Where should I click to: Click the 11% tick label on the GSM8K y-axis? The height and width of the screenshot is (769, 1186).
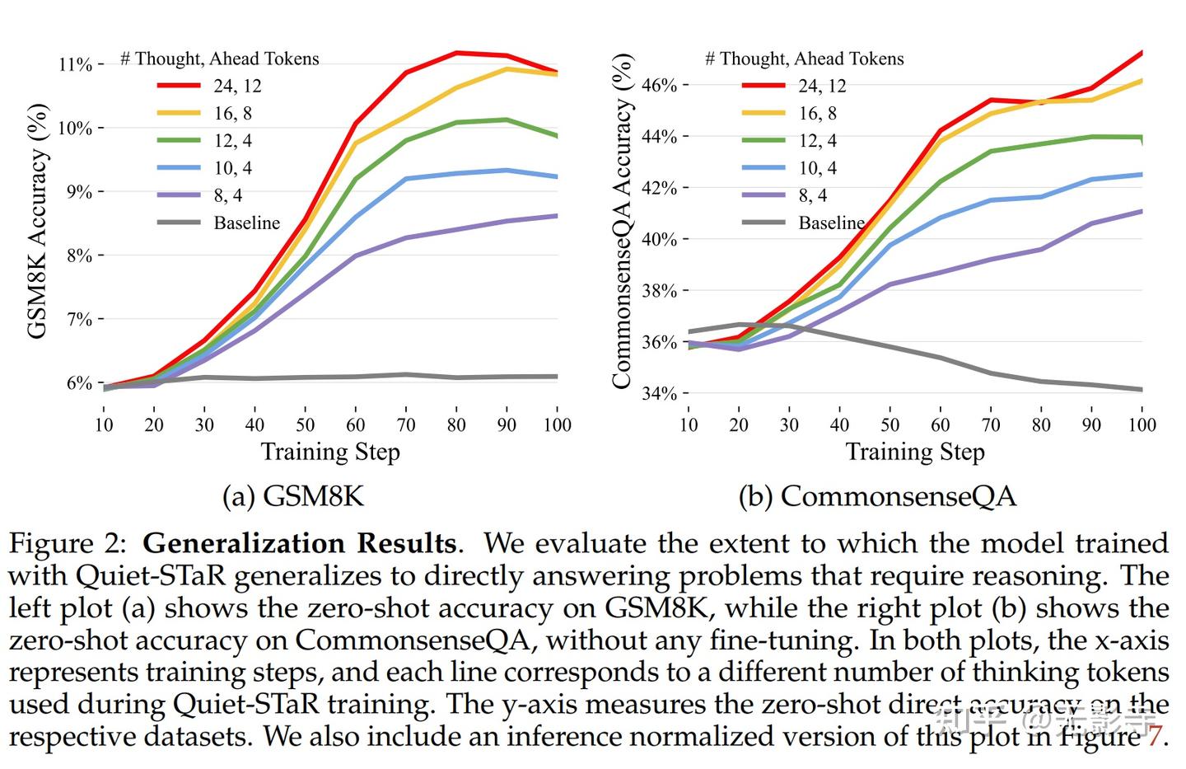[75, 64]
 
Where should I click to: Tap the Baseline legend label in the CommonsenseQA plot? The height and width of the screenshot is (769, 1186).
[831, 223]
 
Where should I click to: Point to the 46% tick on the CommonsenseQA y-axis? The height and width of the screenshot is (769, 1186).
[659, 85]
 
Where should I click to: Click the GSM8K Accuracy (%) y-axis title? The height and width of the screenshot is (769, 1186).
[38, 221]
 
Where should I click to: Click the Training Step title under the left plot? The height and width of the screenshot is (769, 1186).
[330, 452]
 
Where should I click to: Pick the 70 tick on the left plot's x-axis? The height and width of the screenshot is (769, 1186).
[406, 424]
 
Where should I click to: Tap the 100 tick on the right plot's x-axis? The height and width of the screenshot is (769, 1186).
[1142, 424]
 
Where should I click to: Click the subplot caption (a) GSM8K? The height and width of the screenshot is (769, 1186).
[293, 496]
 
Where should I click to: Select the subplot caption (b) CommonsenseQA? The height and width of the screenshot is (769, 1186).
[877, 496]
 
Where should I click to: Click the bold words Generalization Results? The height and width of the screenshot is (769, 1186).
[300, 544]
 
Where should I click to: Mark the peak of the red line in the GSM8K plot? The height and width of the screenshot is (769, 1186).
[456, 53]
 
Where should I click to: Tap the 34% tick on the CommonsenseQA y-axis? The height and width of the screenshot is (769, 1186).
[659, 393]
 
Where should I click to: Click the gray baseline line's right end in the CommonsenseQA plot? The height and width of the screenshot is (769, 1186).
[1141, 389]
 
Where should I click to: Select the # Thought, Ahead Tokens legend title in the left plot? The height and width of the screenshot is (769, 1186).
[220, 59]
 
